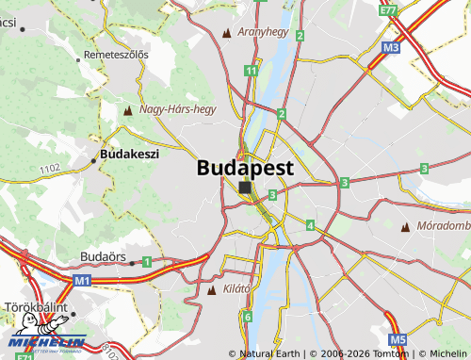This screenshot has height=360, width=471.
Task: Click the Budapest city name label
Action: tap(245, 168)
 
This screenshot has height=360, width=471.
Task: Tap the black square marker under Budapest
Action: tap(245, 188)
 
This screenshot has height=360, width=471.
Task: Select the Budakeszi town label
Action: tap(129, 153)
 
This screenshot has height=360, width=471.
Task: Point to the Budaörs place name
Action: tap(104, 256)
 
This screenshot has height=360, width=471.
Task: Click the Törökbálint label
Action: tap(34, 308)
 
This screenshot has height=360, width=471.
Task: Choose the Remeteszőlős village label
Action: tap(116, 55)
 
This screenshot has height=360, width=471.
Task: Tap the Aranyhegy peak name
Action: tap(263, 32)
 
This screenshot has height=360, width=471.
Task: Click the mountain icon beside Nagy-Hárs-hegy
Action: tap(128, 110)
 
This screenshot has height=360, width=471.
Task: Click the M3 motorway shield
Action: tap(392, 46)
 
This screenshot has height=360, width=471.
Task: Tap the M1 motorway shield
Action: tap(82, 280)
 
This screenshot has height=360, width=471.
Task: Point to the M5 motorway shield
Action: tap(398, 338)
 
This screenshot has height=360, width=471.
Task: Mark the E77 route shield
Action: tap(388, 10)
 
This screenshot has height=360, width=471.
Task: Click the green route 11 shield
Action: tap(251, 71)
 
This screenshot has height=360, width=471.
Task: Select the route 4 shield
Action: tap(310, 225)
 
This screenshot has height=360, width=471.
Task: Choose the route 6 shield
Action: tap(247, 317)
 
